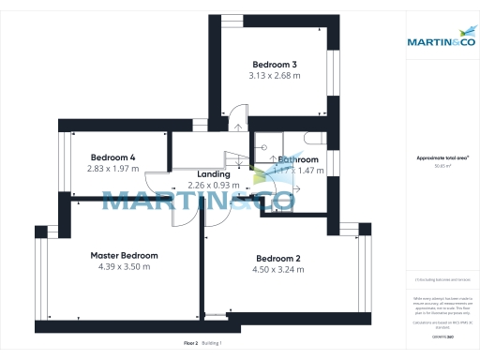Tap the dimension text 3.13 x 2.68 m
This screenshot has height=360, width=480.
(274, 75)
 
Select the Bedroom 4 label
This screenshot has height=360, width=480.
(113, 157)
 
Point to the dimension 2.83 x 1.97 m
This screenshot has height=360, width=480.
(113, 169)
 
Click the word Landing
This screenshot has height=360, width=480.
(214, 174)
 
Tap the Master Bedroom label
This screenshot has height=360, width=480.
(124, 255)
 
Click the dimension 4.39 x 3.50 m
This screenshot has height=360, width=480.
(124, 266)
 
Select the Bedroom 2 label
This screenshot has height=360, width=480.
(277, 259)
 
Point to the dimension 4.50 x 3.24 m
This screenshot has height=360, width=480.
(277, 270)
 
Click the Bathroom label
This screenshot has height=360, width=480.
(298, 159)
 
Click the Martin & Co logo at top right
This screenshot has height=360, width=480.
(439, 41)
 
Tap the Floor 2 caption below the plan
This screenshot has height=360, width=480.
(190, 343)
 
